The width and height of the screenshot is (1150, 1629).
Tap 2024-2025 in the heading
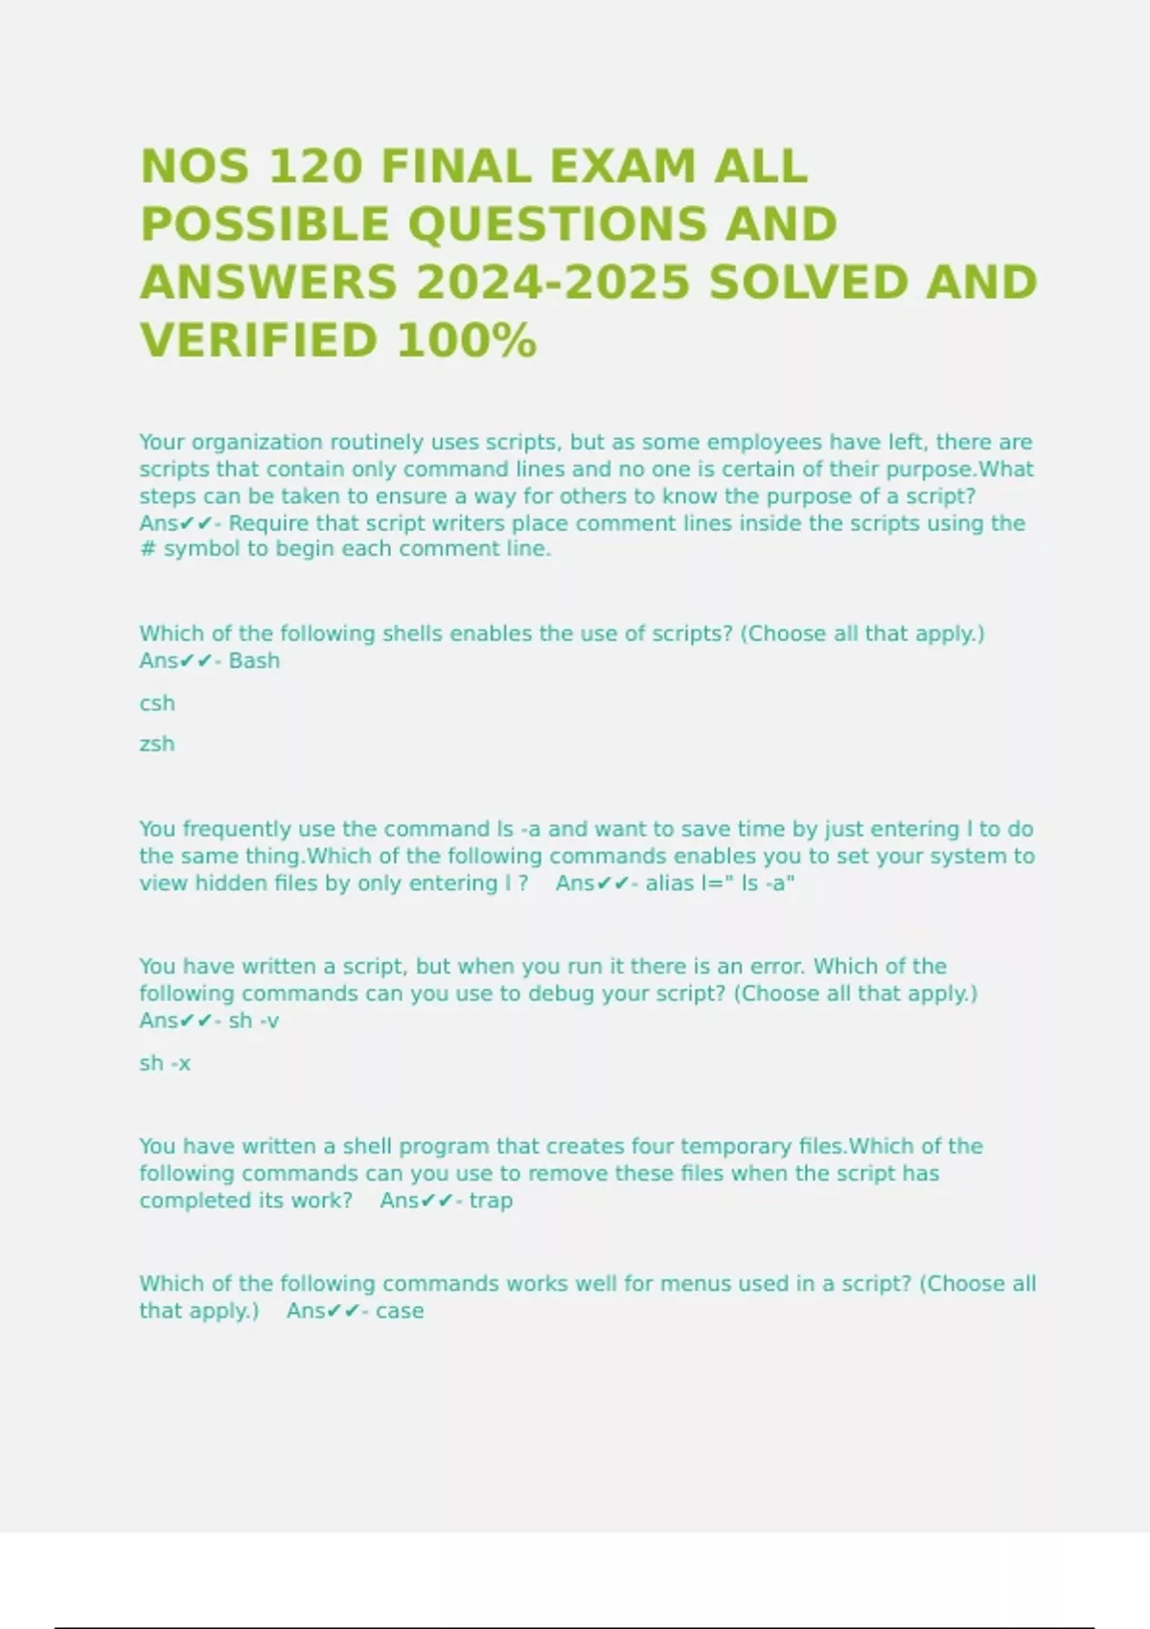(x=552, y=283)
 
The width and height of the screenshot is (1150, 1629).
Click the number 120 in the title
(x=316, y=167)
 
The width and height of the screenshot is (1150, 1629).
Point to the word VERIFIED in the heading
(x=260, y=341)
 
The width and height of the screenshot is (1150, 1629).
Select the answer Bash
(x=254, y=660)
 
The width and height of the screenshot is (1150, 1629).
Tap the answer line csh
(x=157, y=703)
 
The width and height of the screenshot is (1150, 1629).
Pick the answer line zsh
(x=157, y=744)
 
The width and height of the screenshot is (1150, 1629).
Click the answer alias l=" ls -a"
(x=720, y=883)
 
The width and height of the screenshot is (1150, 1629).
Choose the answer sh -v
(x=254, y=1021)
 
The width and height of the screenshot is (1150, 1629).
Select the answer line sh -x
(x=165, y=1063)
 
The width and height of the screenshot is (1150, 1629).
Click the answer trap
(x=491, y=1200)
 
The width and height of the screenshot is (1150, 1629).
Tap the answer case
(x=400, y=1310)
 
